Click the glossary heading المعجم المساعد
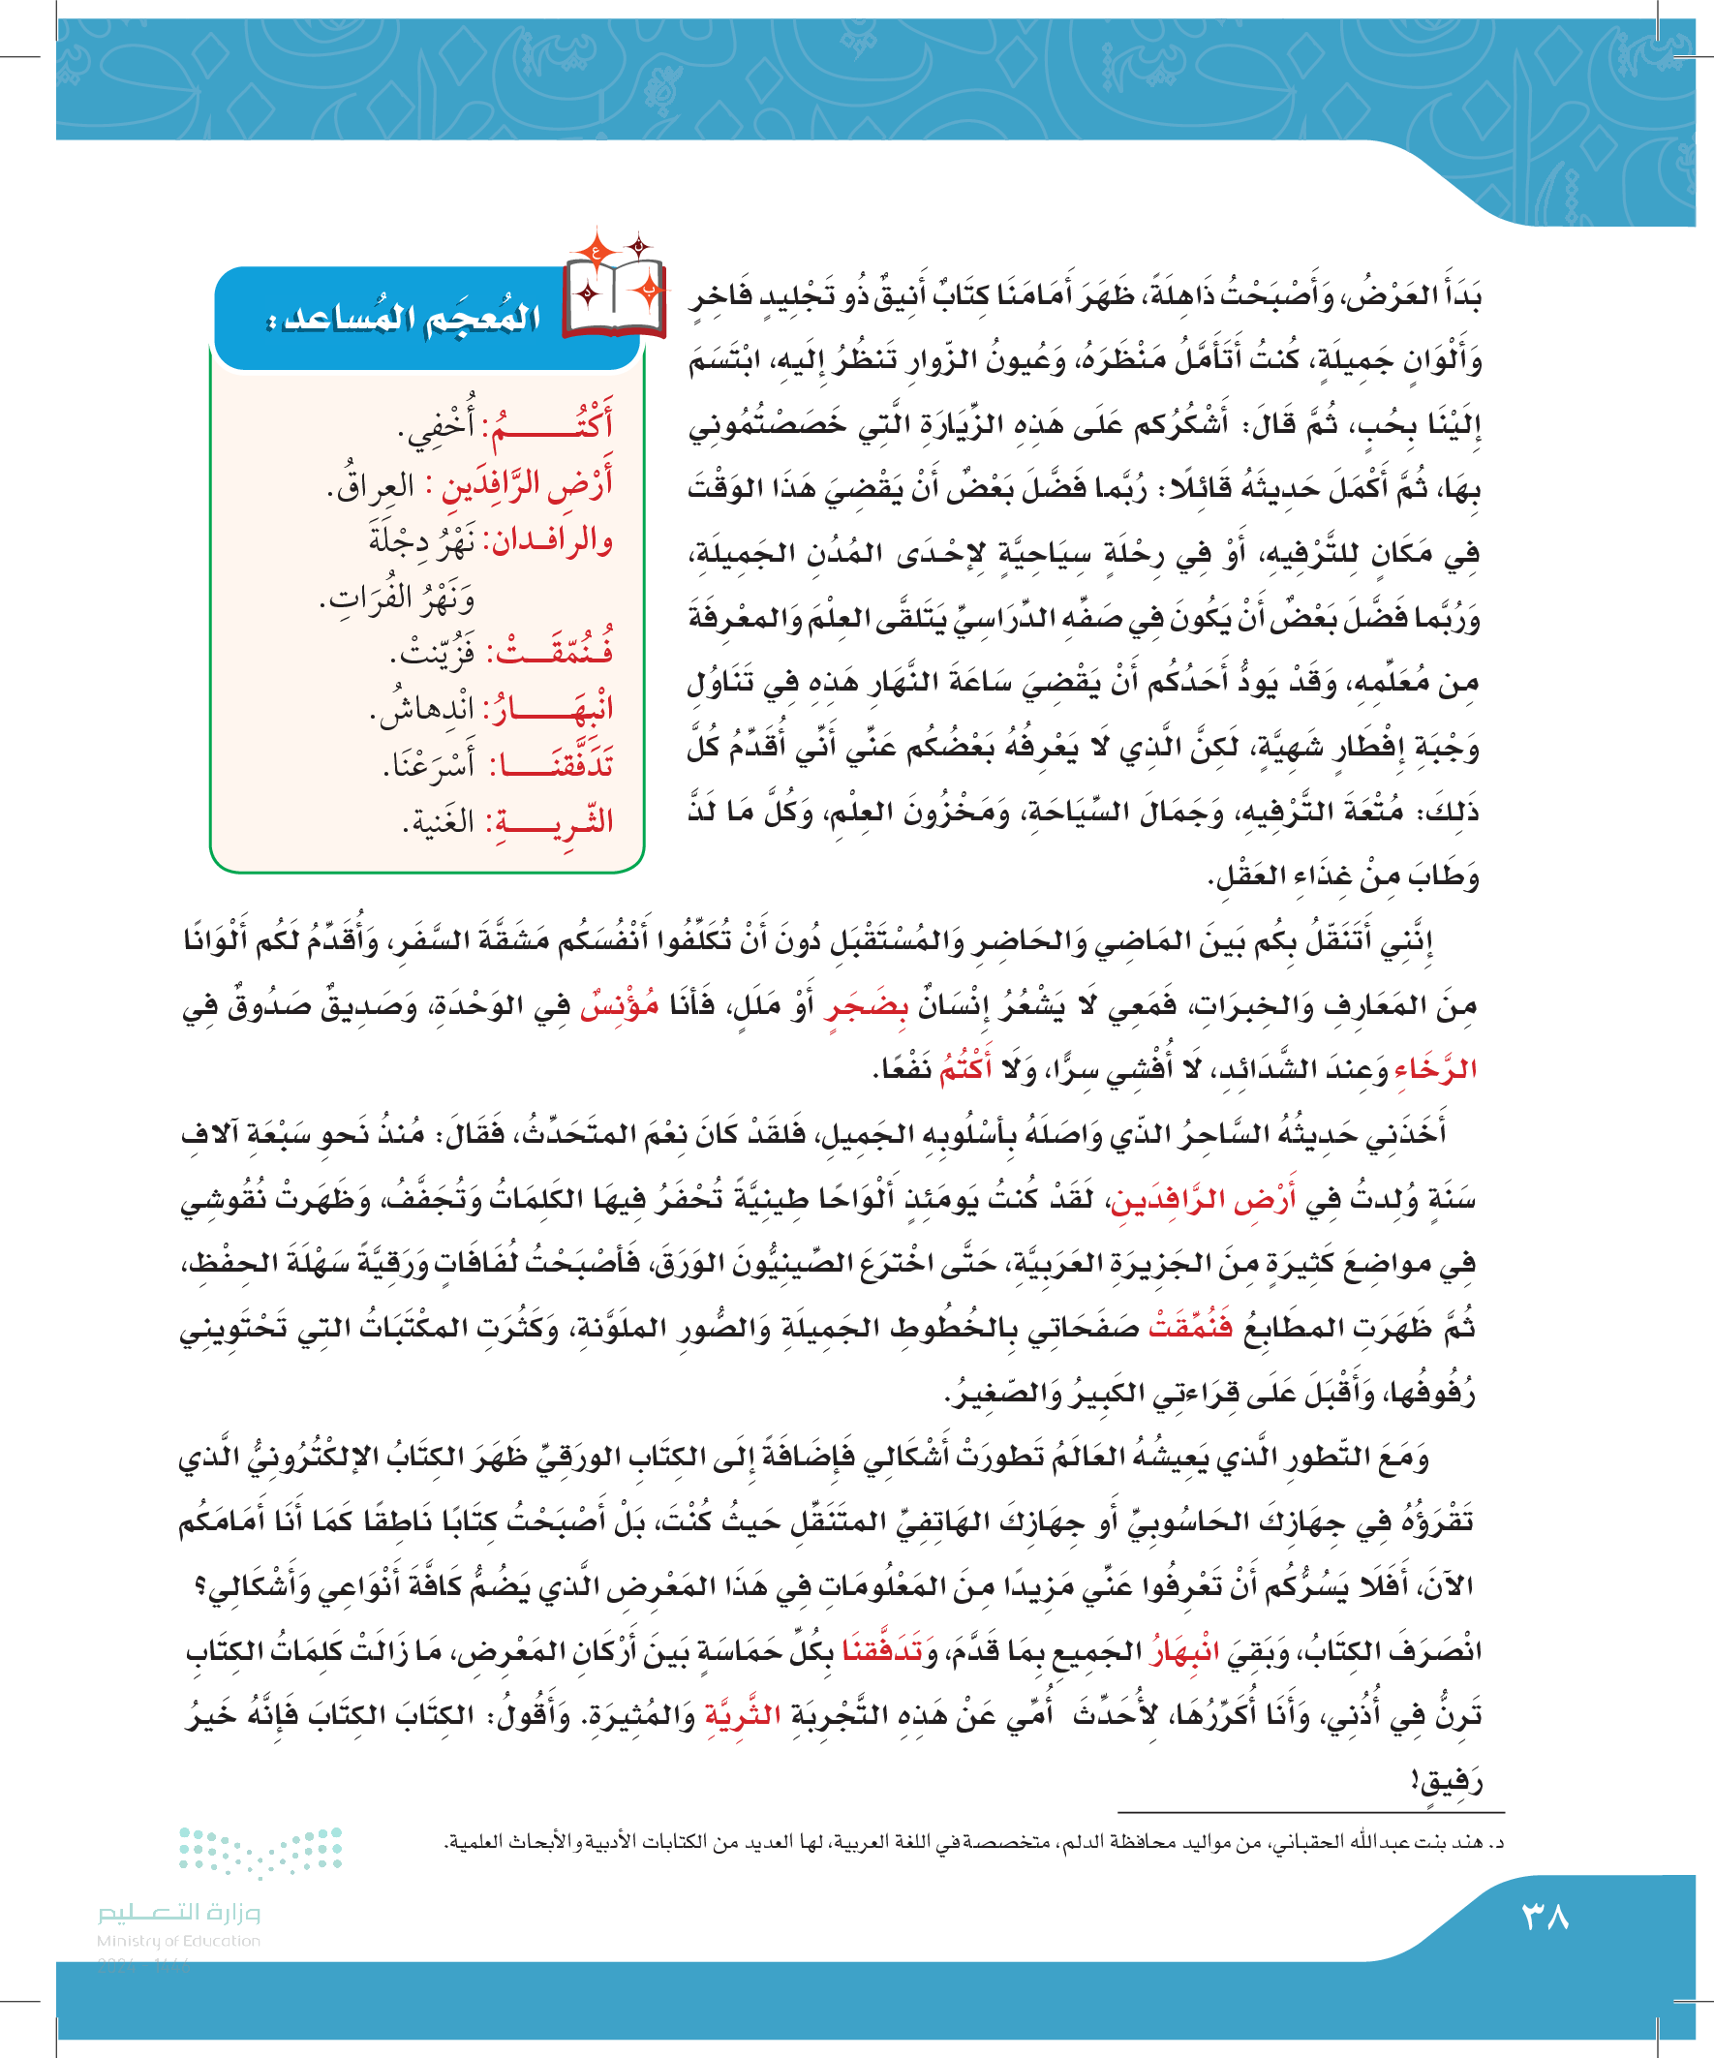coord(404,318)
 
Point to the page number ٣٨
coord(1545,1918)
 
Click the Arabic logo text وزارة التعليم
coord(178,1912)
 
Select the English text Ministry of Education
coord(178,1941)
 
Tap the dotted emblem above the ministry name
coord(260,1851)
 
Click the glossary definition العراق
coord(371,486)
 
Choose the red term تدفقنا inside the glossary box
coord(553,765)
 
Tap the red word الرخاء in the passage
coord(1434,1069)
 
